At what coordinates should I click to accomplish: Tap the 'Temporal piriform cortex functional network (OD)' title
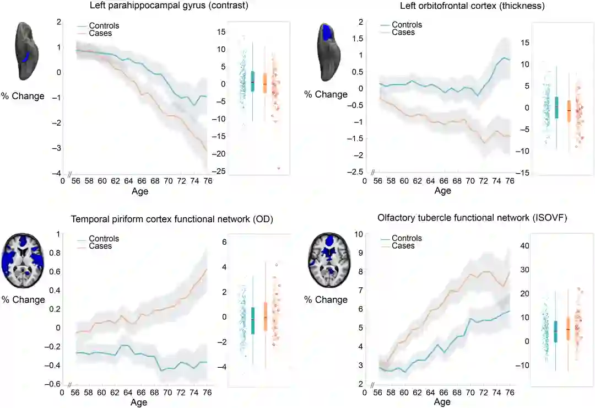point(172,219)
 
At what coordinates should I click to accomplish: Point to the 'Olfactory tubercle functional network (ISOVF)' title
point(473,218)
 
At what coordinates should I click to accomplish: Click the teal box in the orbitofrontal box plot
point(556,107)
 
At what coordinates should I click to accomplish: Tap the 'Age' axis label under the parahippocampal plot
point(140,191)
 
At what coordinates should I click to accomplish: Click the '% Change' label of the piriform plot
point(23,300)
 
